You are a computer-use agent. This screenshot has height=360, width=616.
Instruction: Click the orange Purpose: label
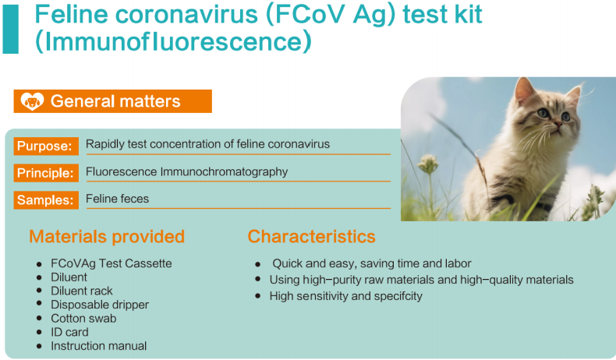[x=46, y=146]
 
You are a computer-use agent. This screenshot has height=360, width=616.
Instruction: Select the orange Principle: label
[x=46, y=173]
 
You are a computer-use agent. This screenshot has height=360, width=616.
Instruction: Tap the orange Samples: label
[x=46, y=200]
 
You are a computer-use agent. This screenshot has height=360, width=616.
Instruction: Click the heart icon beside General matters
[x=32, y=101]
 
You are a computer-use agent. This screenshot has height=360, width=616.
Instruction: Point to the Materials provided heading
[x=107, y=237]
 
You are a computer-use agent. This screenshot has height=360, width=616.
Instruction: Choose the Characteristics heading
[x=312, y=237]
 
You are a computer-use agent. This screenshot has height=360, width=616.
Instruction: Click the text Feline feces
[x=118, y=199]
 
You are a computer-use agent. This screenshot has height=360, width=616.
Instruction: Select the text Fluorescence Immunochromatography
[x=187, y=172]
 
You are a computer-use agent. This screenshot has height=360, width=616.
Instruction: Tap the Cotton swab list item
[x=83, y=319]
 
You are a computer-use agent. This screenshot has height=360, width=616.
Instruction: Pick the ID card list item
[x=69, y=332]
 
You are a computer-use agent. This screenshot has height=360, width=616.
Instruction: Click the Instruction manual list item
[x=98, y=346]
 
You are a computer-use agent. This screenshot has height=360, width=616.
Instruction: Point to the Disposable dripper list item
[x=100, y=305]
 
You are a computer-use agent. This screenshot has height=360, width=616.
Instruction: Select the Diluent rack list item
[x=82, y=291]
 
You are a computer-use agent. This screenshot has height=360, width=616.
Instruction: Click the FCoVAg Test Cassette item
[x=112, y=263]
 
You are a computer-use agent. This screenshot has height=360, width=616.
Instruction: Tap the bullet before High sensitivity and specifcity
[x=258, y=296]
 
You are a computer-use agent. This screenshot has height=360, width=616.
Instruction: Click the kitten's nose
[x=558, y=125]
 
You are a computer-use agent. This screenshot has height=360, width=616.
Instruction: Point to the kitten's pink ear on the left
[x=524, y=91]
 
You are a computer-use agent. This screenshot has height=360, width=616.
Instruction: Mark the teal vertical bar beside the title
[x=11, y=29]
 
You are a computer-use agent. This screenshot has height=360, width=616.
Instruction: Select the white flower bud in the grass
[x=429, y=164]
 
